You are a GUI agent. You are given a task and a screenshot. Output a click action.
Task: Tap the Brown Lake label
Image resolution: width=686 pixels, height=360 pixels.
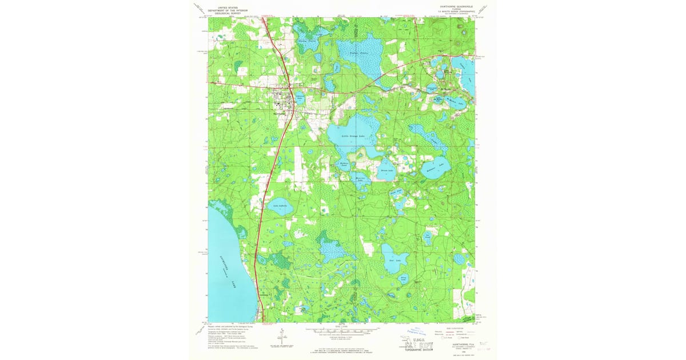388,170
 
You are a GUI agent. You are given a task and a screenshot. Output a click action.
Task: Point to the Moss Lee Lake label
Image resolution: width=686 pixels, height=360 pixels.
361,179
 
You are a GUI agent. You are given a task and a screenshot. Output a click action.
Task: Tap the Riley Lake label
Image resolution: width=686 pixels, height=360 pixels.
404,278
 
